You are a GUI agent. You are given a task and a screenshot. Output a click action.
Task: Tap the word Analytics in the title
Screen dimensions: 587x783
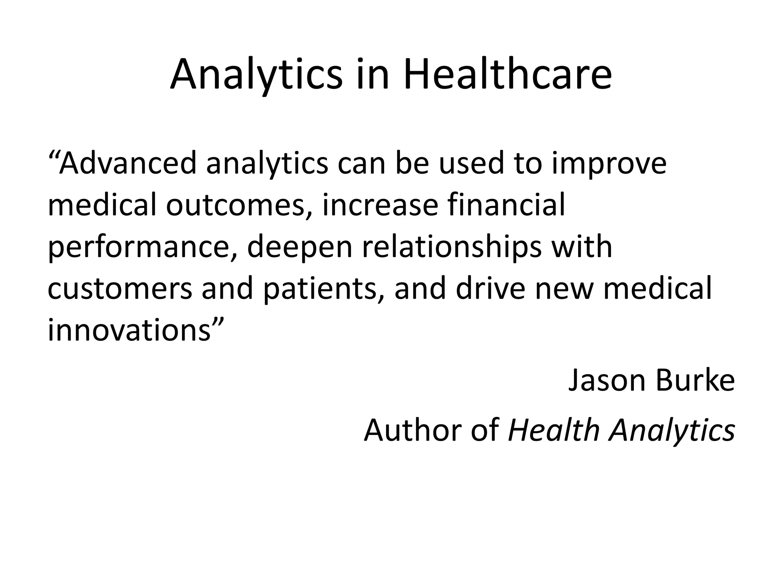click(x=256, y=75)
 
